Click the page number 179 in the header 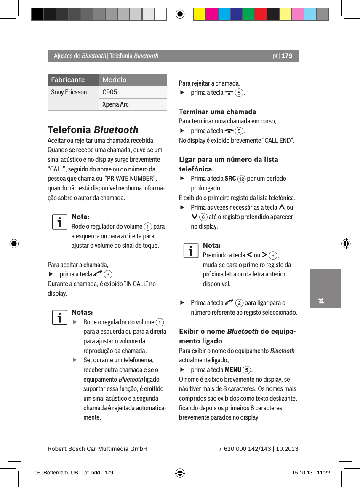click(287, 56)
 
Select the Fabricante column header click(68, 80)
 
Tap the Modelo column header click(115, 80)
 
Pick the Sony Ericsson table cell click(69, 92)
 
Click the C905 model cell click(110, 92)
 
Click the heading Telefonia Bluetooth click(93, 129)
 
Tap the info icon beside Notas click(60, 318)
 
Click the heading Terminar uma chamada click(218, 112)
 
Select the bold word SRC click(230, 178)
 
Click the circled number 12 click(241, 179)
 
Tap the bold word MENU click(233, 370)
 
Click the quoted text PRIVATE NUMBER click(130, 179)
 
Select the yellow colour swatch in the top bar click(199, 14)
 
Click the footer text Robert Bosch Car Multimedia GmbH click(97, 449)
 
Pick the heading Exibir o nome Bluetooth click(238, 336)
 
